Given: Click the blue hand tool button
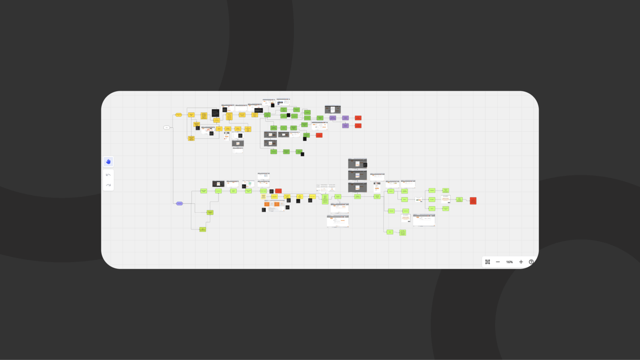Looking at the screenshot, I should coord(108,162).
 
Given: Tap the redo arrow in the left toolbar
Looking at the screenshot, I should coord(108,185).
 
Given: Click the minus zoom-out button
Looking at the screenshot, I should coord(498,262).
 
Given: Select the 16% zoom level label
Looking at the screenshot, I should coord(509,262).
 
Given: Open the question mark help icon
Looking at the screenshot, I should coord(531,262).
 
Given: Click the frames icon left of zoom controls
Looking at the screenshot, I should coord(488,262).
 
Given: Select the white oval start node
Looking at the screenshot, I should coord(167,127).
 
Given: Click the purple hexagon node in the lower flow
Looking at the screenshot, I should coord(180,203).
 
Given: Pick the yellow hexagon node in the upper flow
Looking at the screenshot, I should coord(179,115).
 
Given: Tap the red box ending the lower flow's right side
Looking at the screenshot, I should coord(473,201).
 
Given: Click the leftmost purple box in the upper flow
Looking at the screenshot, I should coord(332,118).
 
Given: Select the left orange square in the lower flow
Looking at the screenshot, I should coord(267,204).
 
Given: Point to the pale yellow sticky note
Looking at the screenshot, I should coord(263,197).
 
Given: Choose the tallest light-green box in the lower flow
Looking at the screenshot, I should coord(325,199).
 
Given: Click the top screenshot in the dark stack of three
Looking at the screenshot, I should coord(357,163).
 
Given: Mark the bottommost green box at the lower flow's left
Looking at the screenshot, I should coord(203,229).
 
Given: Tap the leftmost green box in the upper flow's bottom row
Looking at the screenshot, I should coord(274,151).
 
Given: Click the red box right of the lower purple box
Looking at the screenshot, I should coord(358,126).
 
